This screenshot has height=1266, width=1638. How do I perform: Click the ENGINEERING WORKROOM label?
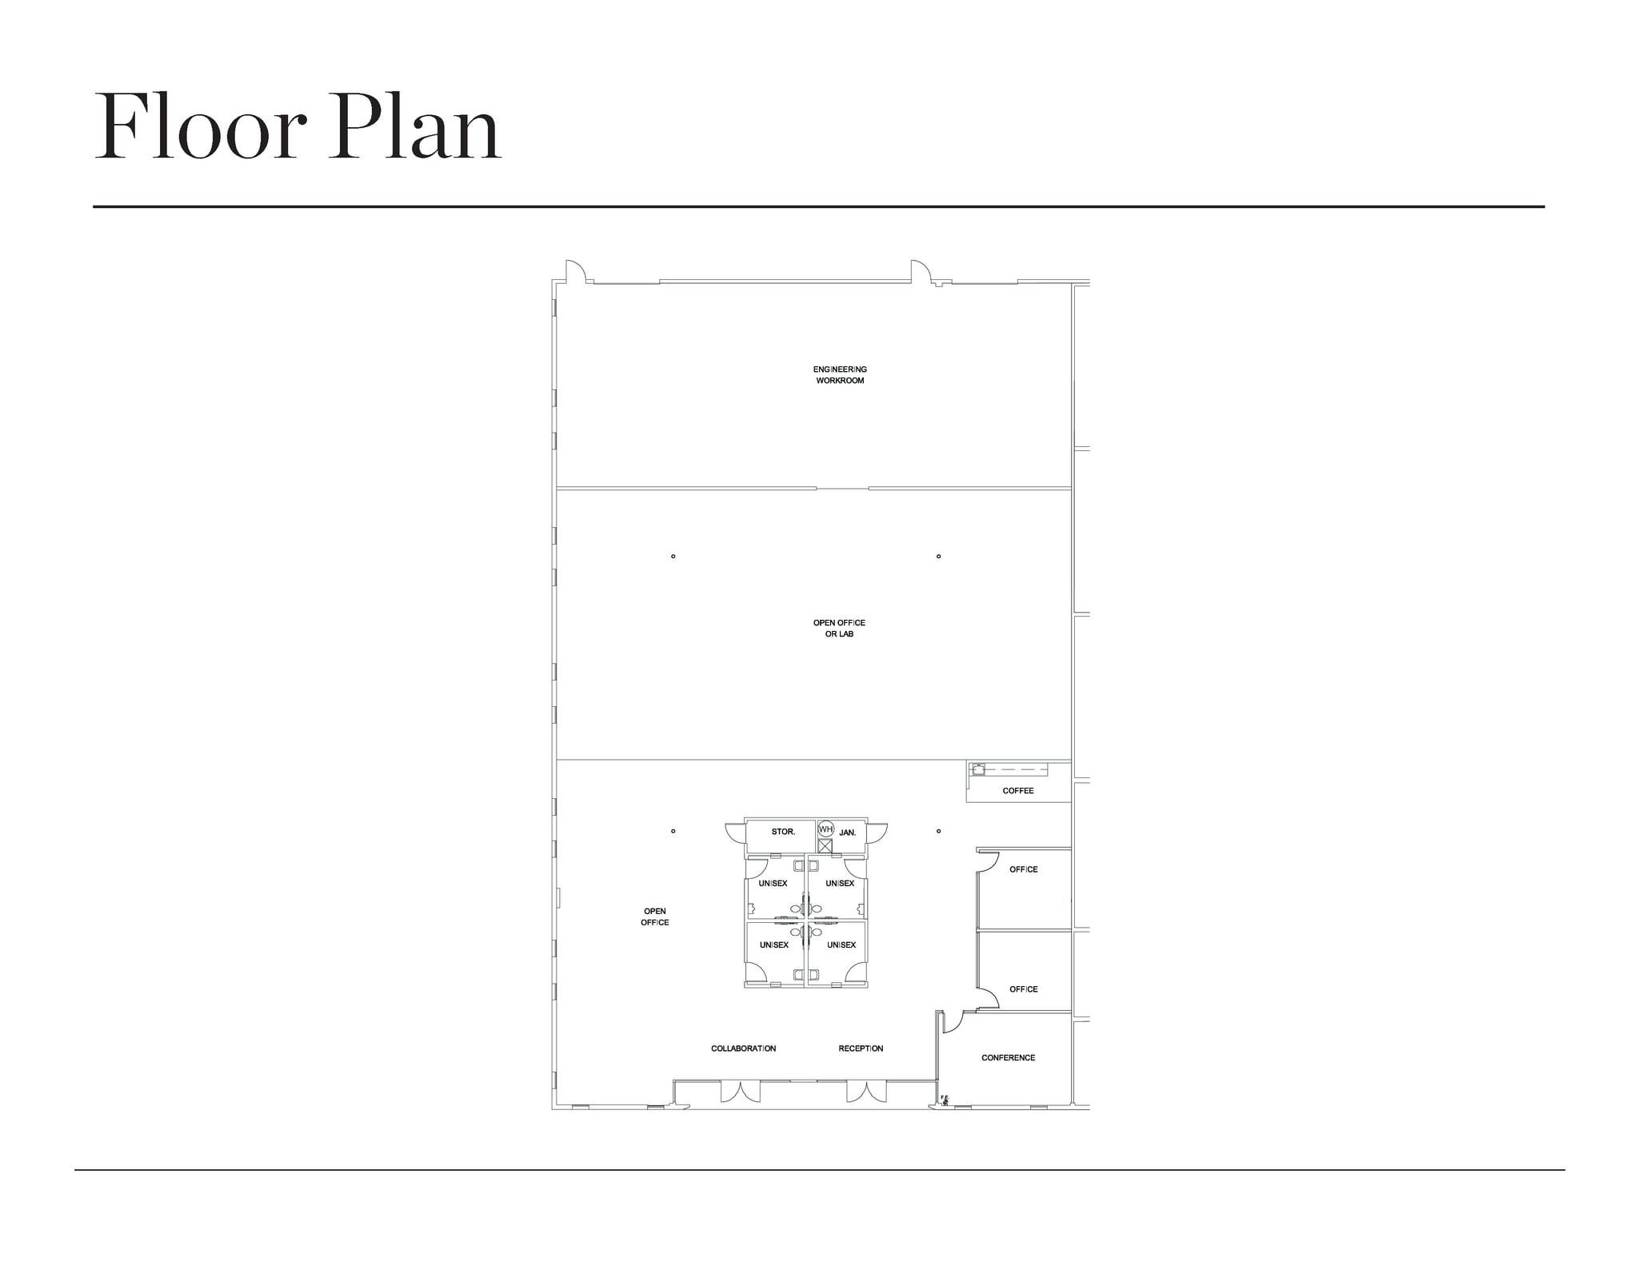click(840, 375)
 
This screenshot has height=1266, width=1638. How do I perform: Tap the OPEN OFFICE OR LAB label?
click(839, 628)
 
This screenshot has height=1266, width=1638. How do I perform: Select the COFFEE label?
click(1018, 791)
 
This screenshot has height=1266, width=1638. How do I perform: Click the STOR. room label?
click(783, 832)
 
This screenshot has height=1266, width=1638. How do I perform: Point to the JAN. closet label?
click(848, 833)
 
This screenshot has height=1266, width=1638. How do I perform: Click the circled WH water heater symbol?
click(825, 829)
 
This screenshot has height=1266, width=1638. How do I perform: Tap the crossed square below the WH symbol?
click(825, 845)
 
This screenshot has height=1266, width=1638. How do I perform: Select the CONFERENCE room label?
click(1009, 1057)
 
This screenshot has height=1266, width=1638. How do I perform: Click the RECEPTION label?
click(861, 1048)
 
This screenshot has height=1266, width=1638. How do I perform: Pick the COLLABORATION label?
click(744, 1048)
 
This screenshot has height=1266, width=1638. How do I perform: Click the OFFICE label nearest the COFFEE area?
click(1024, 869)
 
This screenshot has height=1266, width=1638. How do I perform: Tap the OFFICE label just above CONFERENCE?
click(1024, 989)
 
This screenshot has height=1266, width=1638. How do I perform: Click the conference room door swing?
click(952, 1022)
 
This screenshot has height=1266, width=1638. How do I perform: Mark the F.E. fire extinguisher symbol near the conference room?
click(945, 1100)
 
